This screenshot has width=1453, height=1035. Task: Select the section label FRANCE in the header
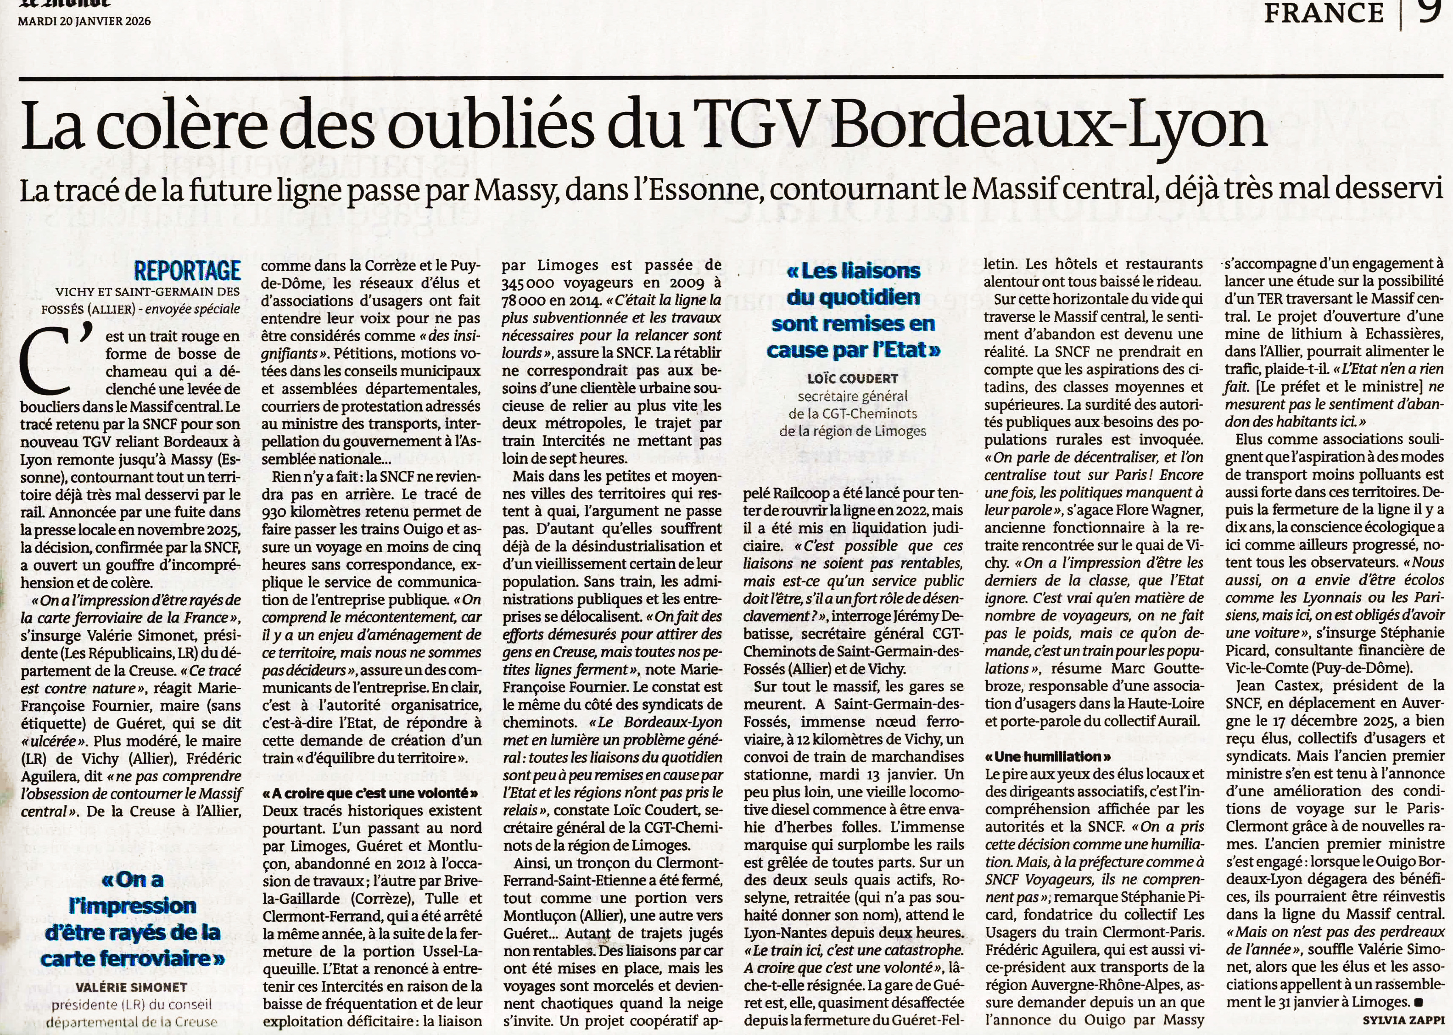coord(1324,12)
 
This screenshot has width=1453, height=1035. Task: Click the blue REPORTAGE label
coord(187,271)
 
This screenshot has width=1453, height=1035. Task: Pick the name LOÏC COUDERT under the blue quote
coord(852,378)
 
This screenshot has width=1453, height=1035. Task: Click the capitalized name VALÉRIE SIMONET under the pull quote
coord(131,987)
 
